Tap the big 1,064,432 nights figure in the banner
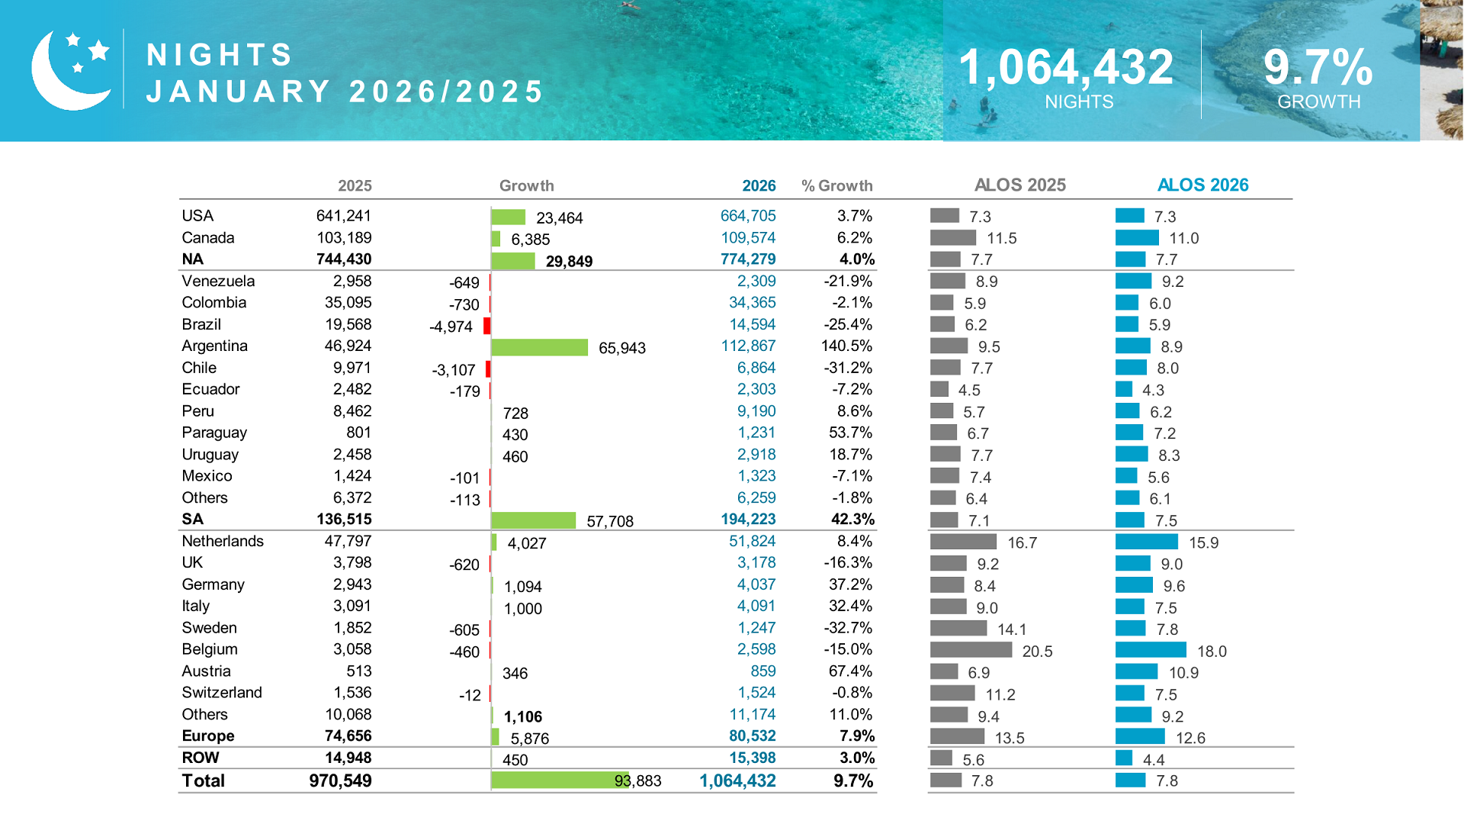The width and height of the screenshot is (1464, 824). [x=1065, y=67]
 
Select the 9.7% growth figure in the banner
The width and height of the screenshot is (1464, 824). [x=1318, y=67]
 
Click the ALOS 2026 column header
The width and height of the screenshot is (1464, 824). [x=1202, y=185]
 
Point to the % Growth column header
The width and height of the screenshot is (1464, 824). [x=836, y=186]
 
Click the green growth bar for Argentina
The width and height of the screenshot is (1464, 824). [x=539, y=348]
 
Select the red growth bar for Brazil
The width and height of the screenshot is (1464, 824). [x=486, y=327]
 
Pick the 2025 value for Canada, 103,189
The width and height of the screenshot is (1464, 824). [x=344, y=238]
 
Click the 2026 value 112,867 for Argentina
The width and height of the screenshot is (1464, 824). [x=748, y=346]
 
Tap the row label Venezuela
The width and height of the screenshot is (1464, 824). [x=218, y=282]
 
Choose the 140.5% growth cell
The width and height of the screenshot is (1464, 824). [x=846, y=346]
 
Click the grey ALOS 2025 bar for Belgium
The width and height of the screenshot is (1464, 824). [x=971, y=650]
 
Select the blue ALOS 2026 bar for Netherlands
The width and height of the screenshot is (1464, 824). [x=1146, y=542]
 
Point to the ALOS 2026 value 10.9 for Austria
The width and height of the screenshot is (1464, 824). [x=1183, y=673]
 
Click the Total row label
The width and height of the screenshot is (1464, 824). [x=203, y=781]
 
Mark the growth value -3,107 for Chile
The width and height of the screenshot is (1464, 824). [x=454, y=370]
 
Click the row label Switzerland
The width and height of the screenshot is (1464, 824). [x=222, y=693]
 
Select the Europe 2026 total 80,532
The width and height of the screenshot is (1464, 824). [x=752, y=736]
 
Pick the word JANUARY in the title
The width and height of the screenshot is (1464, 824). [x=239, y=92]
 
